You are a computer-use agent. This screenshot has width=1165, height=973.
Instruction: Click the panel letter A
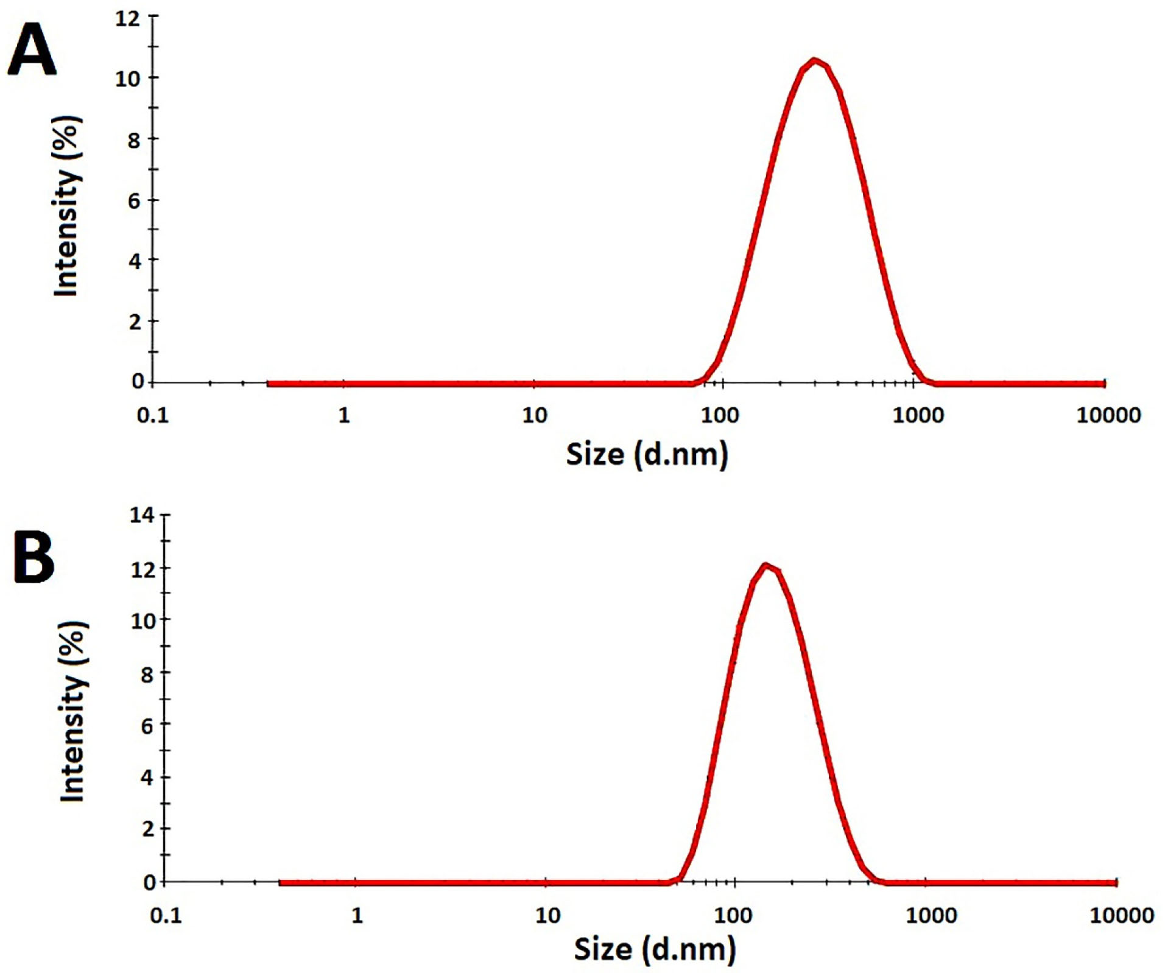(x=32, y=50)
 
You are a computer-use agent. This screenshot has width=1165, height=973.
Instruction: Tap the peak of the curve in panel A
(x=814, y=60)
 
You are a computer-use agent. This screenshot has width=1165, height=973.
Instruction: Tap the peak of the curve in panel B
(x=766, y=566)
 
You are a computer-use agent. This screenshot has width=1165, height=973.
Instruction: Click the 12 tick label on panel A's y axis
(x=127, y=18)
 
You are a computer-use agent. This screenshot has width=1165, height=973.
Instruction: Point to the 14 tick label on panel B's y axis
(x=142, y=515)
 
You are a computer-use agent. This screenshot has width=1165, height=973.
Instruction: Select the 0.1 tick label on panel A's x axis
(x=152, y=415)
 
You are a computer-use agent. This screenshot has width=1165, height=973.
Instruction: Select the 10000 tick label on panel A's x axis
(x=1108, y=415)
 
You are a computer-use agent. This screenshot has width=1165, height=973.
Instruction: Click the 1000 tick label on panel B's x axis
(x=931, y=915)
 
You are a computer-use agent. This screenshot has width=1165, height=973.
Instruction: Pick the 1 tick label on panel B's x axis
(x=357, y=915)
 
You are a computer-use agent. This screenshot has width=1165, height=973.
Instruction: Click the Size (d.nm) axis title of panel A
(x=647, y=454)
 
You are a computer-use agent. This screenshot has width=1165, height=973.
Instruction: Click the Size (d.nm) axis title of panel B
(x=655, y=949)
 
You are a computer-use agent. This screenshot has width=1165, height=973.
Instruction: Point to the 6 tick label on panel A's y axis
(x=134, y=200)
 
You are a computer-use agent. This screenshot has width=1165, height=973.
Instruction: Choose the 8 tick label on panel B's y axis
(x=147, y=673)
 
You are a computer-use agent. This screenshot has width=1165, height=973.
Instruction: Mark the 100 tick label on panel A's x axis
(x=719, y=415)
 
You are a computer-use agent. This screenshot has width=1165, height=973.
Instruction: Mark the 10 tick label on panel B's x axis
(x=547, y=915)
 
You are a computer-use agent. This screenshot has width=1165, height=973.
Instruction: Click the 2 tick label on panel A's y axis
(x=135, y=321)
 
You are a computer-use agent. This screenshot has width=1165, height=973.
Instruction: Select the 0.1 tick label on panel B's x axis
(x=166, y=915)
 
